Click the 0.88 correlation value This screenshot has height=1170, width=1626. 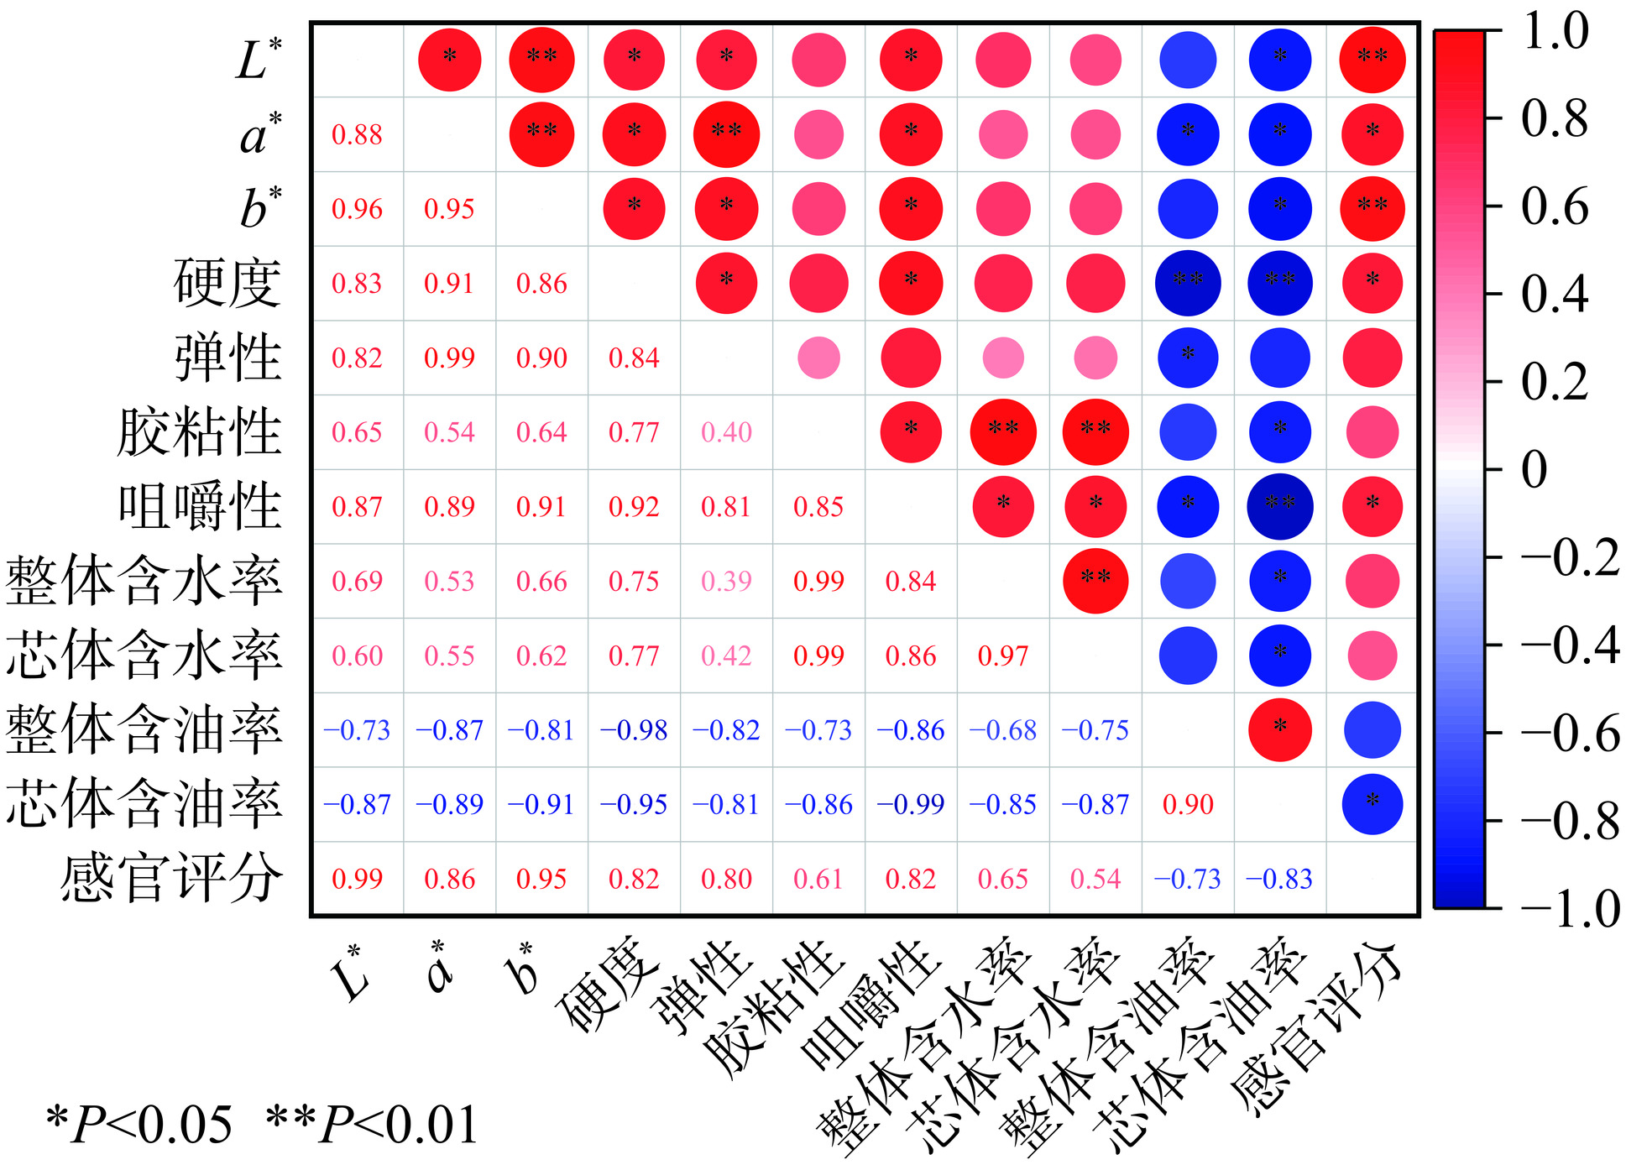coord(357,134)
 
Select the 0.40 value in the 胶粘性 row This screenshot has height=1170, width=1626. coord(726,432)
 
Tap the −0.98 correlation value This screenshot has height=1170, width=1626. coord(634,730)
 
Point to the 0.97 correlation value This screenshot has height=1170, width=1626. coord(1003,656)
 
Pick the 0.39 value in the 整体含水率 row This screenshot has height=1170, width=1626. coord(726,581)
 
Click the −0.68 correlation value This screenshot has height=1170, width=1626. coord(1003,730)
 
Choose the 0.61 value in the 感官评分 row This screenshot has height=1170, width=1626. coord(818,879)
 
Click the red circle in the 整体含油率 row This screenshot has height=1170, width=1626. coord(1280,729)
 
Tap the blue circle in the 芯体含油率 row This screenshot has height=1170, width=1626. coord(1372,803)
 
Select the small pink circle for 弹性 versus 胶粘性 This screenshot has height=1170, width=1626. coord(818,358)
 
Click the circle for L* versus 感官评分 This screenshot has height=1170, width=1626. coord(1372,60)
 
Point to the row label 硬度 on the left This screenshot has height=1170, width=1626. coord(227,283)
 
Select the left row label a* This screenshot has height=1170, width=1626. coord(261,134)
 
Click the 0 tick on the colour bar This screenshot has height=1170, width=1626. coord(1534,469)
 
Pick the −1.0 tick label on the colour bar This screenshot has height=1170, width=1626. coord(1570,909)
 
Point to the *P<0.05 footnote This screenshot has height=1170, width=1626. coord(139,1125)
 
